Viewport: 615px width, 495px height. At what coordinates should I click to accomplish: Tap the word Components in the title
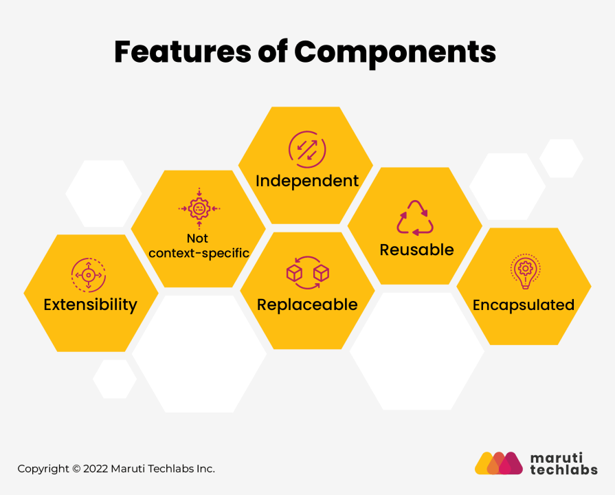pyautogui.click(x=395, y=54)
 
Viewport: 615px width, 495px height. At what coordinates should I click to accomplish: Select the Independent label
pyautogui.click(x=307, y=181)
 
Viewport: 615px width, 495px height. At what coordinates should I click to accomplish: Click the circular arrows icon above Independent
pyautogui.click(x=307, y=148)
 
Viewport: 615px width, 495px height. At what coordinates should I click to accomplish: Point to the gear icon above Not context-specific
pyautogui.click(x=199, y=207)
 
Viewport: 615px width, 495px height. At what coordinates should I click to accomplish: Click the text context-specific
pyautogui.click(x=199, y=253)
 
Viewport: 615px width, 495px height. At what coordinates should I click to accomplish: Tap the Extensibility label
pyautogui.click(x=90, y=305)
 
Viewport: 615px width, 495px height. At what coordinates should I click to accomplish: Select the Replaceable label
pyautogui.click(x=307, y=305)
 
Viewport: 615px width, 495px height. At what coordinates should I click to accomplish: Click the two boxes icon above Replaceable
pyautogui.click(x=307, y=273)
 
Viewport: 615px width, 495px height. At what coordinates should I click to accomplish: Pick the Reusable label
pyautogui.click(x=416, y=250)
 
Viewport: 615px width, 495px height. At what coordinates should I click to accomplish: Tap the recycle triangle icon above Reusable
pyautogui.click(x=416, y=218)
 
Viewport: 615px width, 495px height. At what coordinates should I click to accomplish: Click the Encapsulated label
pyautogui.click(x=524, y=305)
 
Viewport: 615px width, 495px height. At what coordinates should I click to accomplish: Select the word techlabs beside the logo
pyautogui.click(x=563, y=470)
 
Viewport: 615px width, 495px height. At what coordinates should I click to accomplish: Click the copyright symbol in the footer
pyautogui.click(x=75, y=469)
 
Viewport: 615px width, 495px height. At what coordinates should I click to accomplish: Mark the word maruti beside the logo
pyautogui.click(x=556, y=456)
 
